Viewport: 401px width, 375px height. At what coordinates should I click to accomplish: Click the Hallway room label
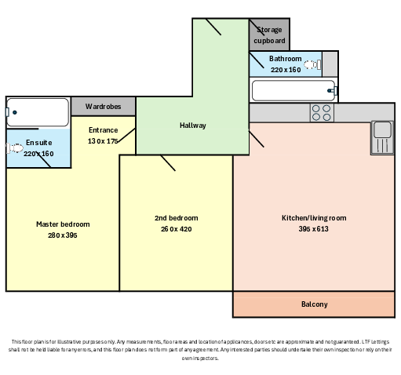tap(193, 126)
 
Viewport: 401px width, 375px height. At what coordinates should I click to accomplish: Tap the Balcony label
tap(315, 304)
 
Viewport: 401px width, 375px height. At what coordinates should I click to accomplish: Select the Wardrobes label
tap(103, 107)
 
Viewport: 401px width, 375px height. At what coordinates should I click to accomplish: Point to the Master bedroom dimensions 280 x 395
tap(63, 235)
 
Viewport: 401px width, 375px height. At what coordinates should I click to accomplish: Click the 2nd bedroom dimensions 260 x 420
tap(177, 229)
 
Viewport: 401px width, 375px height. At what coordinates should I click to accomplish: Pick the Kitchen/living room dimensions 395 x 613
tap(313, 229)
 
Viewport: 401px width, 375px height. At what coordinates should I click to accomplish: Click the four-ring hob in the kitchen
tap(322, 113)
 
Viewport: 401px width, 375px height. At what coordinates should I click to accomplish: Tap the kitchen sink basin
tap(382, 129)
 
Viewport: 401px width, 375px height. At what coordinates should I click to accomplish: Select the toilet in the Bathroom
tap(312, 64)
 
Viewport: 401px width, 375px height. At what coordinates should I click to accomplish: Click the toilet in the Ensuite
tap(15, 148)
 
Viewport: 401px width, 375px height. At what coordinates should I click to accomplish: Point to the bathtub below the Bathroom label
tap(293, 90)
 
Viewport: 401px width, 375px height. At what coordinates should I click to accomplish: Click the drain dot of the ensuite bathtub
tap(15, 112)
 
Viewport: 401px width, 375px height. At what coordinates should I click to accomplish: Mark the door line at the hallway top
tap(213, 27)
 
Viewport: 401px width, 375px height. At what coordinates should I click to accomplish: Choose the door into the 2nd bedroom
tap(168, 163)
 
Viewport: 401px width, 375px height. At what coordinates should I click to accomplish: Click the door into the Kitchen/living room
tap(256, 139)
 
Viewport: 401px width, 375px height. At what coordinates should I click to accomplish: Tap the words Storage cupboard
tap(269, 35)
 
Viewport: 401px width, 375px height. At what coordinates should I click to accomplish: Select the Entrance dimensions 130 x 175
tap(103, 141)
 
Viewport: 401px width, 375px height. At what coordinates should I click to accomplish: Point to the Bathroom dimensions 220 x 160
tap(286, 70)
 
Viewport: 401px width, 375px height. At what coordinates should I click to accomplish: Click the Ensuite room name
tap(38, 143)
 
